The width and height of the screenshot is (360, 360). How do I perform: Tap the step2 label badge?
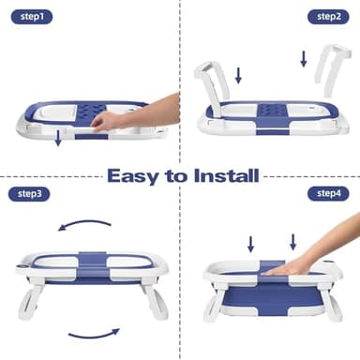[328, 17]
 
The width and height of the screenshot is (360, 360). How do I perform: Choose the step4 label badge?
[328, 193]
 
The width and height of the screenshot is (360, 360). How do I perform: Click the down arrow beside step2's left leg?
[237, 75]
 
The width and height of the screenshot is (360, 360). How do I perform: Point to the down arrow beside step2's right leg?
[304, 58]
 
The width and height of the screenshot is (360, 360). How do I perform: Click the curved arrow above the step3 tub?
[84, 223]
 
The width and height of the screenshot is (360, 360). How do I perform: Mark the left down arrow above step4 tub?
[250, 244]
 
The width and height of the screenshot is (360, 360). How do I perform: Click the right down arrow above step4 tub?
[292, 241]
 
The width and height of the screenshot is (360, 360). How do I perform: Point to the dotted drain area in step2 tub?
[272, 111]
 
